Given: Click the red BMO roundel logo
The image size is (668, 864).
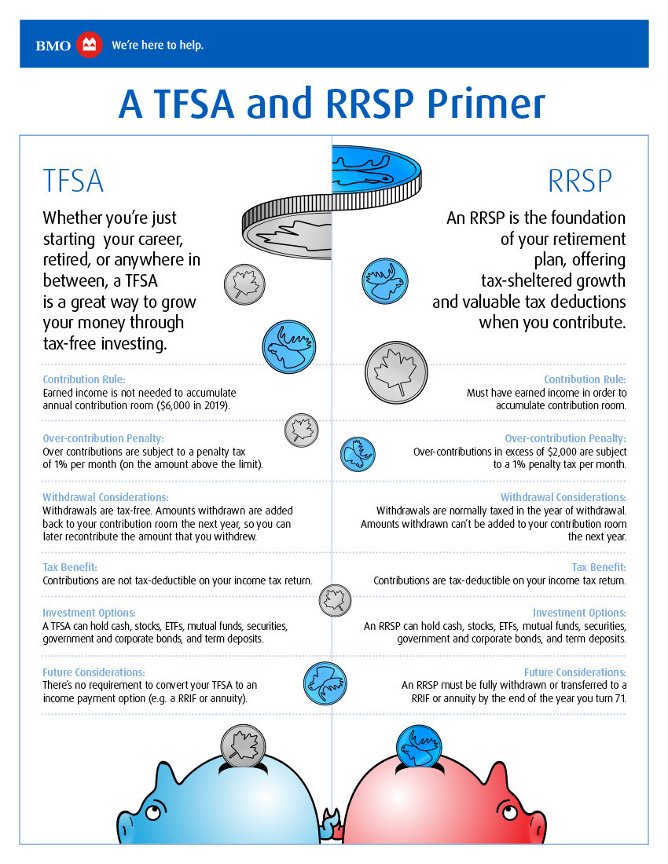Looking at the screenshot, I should (x=89, y=45).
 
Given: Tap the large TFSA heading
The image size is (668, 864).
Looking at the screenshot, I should (x=73, y=181).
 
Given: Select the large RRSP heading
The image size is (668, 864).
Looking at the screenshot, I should (x=579, y=181).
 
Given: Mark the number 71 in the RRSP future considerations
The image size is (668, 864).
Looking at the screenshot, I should (x=618, y=698).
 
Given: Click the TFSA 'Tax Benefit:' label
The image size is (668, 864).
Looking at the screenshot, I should (x=70, y=566).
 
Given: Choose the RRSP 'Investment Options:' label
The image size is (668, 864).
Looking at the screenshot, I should (x=579, y=613).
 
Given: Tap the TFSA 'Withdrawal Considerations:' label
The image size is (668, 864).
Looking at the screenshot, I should (x=105, y=497).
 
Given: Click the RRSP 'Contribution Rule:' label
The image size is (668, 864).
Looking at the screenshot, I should (x=585, y=379).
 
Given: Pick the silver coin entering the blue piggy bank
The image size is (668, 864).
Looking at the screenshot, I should (x=240, y=744).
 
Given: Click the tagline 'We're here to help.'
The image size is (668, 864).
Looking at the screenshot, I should (x=157, y=45).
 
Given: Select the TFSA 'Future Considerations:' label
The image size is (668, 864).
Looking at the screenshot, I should (x=94, y=672).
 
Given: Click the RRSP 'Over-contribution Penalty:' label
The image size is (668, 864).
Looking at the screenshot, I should (x=565, y=438).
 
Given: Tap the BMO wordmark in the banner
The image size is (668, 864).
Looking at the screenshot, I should (x=53, y=45).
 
